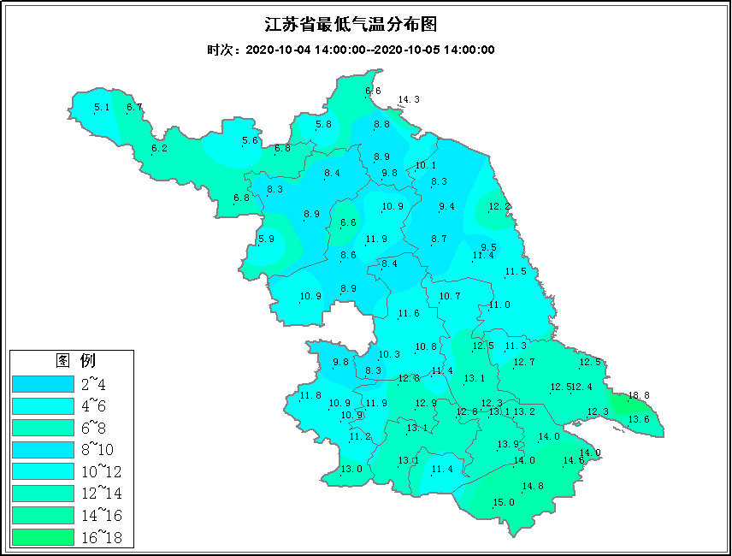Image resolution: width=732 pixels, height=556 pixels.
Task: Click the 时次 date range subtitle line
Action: coord(351,50)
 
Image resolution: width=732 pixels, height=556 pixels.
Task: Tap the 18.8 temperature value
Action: coord(639,396)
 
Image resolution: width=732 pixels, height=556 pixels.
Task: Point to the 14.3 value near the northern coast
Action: coord(409,100)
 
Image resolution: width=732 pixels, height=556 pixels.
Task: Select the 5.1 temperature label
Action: coord(102,107)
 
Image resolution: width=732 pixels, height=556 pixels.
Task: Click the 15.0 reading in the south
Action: coord(504,502)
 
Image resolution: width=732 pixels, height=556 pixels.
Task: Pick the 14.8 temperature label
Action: coord(532,486)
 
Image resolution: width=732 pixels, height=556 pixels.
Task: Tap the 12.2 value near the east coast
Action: coord(499,207)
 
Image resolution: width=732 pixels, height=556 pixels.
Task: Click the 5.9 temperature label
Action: coord(266,240)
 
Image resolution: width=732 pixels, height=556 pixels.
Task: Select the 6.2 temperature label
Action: coord(159,149)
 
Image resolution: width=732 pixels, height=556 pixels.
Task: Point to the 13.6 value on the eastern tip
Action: coord(639,419)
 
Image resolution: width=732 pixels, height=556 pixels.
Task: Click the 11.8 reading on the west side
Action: coord(310,395)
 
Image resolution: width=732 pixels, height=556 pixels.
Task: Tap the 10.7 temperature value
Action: coord(450,297)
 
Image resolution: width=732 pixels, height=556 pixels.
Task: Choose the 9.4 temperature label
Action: coord(446,207)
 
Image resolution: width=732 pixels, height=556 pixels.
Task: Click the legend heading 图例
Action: coord(74,358)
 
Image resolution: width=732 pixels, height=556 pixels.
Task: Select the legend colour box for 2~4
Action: coord(43,382)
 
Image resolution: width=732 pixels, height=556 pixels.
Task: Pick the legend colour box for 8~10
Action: coord(43,448)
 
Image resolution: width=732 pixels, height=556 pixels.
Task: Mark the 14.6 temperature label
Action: coord(573,461)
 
